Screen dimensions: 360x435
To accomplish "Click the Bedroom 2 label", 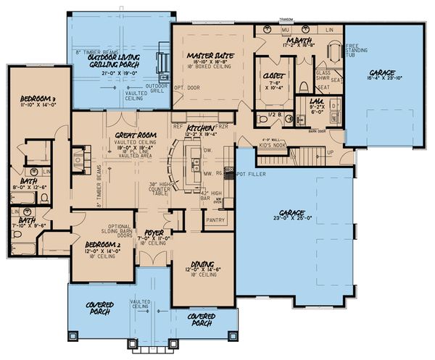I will (101, 243).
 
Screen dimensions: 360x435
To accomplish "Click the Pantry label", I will (215, 218).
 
